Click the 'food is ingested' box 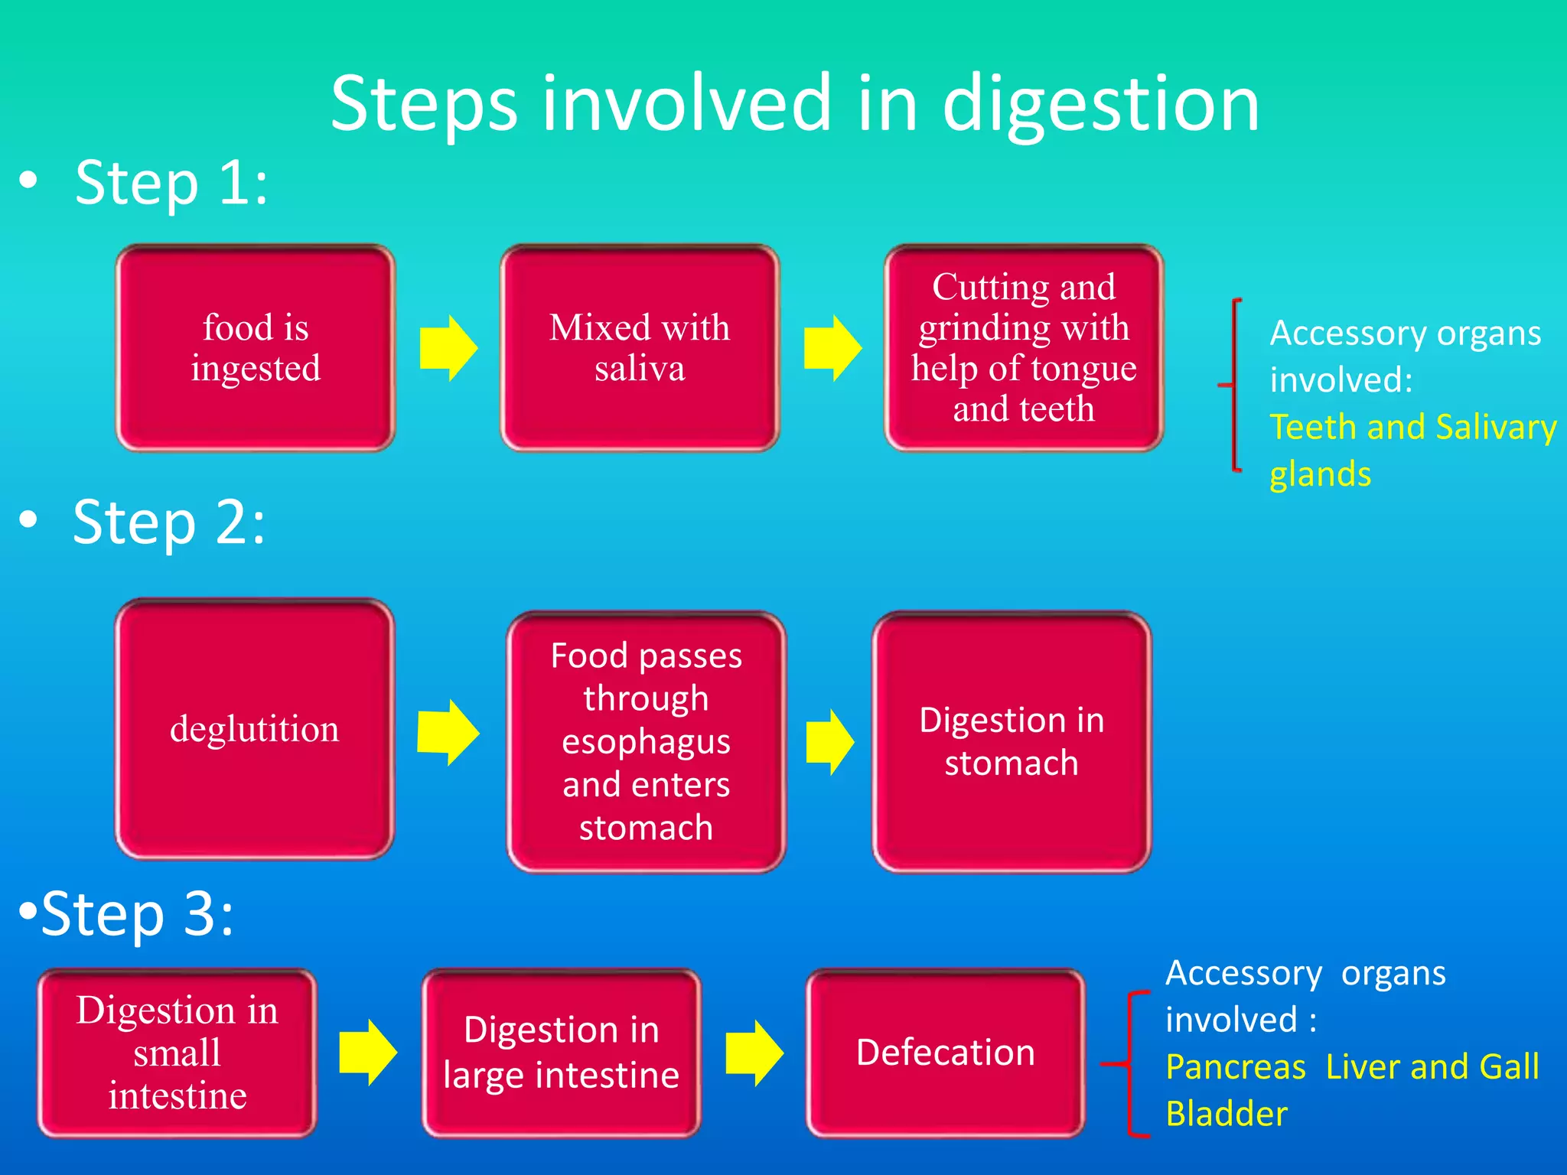[256, 348]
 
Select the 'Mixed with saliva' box [640, 348]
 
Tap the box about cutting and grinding [1024, 348]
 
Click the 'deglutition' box [255, 729]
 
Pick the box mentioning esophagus [647, 741]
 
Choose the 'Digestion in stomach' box [1012, 741]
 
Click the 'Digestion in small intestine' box [177, 1053]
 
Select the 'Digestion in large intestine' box [562, 1053]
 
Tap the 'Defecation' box [946, 1053]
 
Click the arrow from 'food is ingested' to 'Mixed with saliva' [449, 348]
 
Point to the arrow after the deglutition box [449, 733]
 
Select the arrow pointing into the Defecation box [754, 1053]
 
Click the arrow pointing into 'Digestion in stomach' [830, 742]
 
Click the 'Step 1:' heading [171, 184]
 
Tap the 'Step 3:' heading [137, 914]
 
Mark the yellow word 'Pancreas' [1235, 1067]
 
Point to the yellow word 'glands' [1320, 474]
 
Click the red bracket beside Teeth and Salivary [1233, 385]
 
